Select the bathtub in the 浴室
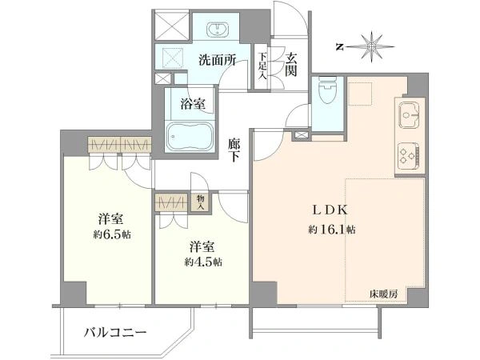tap(190, 137)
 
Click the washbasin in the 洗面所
tap(218, 30)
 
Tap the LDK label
tap(328, 212)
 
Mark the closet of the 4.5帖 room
tap(173, 201)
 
